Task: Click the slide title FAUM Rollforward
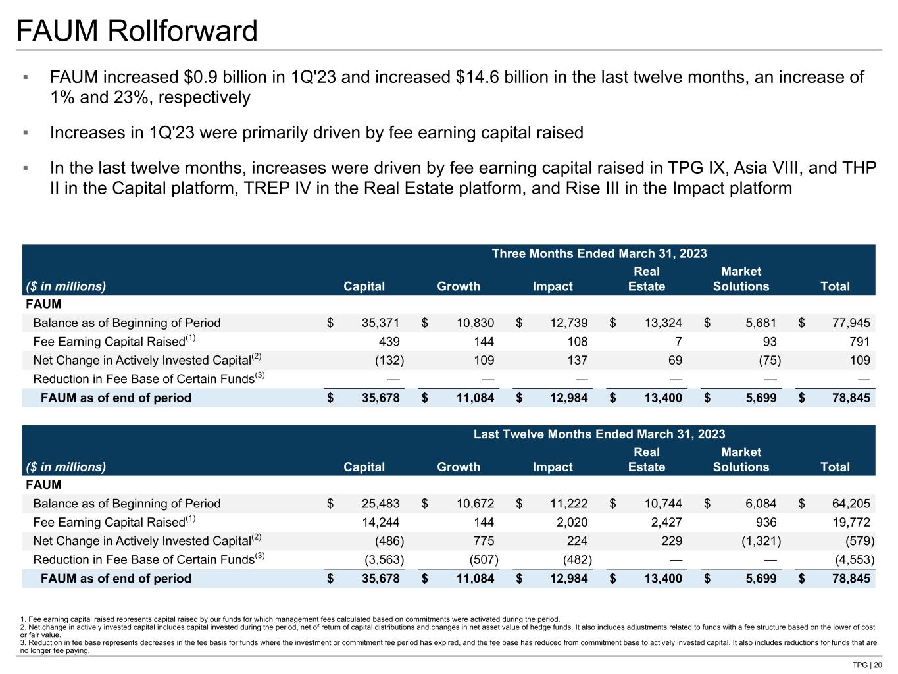137,31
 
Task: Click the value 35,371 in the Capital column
380,323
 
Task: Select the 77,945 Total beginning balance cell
851,323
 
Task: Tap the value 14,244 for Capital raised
380,522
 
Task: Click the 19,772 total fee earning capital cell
851,522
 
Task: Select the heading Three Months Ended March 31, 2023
599,254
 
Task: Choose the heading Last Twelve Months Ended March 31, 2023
599,434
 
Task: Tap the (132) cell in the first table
389,360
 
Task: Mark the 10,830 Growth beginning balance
475,323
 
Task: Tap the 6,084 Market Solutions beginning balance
757,504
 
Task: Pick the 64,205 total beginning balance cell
851,504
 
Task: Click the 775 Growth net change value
484,541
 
